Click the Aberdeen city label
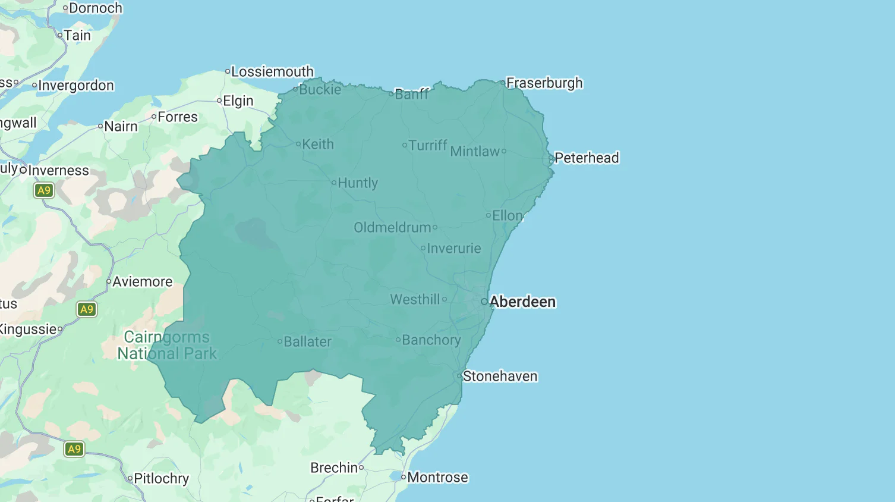pyautogui.click(x=522, y=302)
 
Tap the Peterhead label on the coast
pyautogui.click(x=586, y=158)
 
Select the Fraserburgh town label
pyautogui.click(x=544, y=83)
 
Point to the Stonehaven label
pyautogui.click(x=500, y=376)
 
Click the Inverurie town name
pyautogui.click(x=453, y=249)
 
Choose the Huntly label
pyautogui.click(x=357, y=183)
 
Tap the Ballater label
pyautogui.click(x=307, y=342)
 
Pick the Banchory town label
pyautogui.click(x=431, y=340)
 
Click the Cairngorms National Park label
pyautogui.click(x=167, y=346)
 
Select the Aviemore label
pyautogui.click(x=142, y=282)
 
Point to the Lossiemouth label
pyautogui.click(x=272, y=72)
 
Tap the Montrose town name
pyautogui.click(x=437, y=478)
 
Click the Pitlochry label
pyautogui.click(x=161, y=479)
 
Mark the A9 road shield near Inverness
pyautogui.click(x=44, y=190)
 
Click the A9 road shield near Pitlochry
pyautogui.click(x=74, y=449)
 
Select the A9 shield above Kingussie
pyautogui.click(x=87, y=309)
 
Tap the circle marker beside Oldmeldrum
pyautogui.click(x=435, y=227)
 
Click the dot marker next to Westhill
pyautogui.click(x=445, y=299)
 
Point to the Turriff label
pyautogui.click(x=427, y=145)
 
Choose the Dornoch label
pyautogui.click(x=95, y=8)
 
